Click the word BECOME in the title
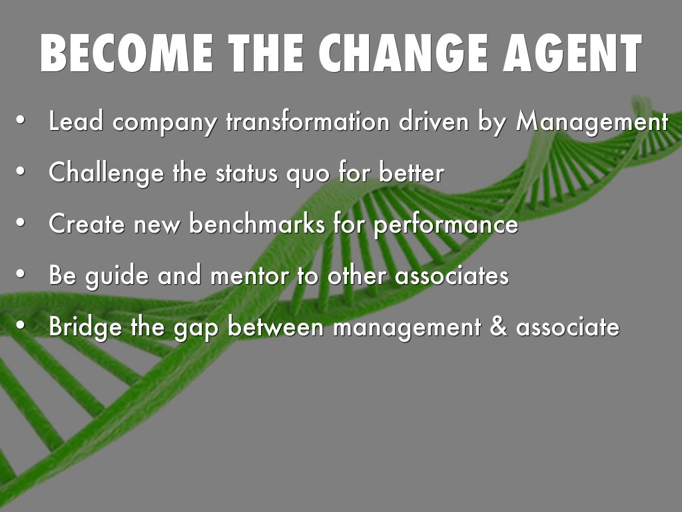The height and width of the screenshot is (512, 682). [127, 53]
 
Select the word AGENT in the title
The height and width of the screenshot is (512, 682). [573, 53]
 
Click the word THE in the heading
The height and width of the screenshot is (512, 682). [266, 53]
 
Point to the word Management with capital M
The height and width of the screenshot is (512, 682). [591, 122]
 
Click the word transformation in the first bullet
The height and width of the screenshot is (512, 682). [307, 121]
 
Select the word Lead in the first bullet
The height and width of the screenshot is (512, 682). [76, 121]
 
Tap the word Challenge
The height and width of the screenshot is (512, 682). [106, 173]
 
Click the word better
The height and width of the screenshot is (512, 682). [411, 173]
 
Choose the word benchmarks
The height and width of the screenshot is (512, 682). [257, 224]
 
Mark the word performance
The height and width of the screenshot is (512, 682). [446, 225]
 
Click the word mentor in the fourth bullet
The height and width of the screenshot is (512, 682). [250, 276]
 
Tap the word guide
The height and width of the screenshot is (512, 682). [117, 277]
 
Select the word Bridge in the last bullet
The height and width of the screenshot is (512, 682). [85, 327]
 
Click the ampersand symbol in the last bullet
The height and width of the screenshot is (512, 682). [498, 327]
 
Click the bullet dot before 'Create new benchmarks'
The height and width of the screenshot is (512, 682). [21, 223]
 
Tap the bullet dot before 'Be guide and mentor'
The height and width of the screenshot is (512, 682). [21, 274]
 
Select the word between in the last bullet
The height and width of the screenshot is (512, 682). [276, 327]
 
